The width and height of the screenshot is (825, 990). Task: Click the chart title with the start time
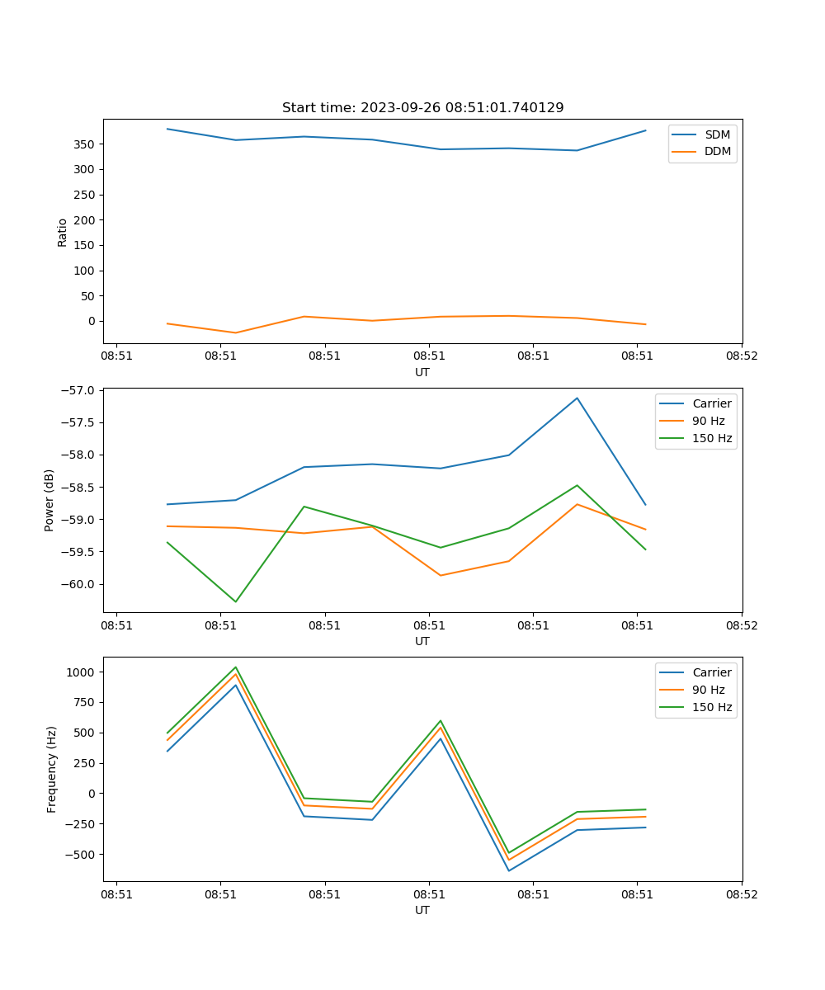click(422, 108)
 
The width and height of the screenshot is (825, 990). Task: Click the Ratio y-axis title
click(63, 233)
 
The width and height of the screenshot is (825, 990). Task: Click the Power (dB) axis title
click(49, 500)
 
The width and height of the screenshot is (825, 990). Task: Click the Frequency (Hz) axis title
click(52, 769)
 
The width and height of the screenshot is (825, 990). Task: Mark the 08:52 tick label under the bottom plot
click(741, 894)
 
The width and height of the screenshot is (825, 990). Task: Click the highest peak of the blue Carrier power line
click(577, 398)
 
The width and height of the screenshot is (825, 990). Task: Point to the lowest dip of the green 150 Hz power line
click(236, 601)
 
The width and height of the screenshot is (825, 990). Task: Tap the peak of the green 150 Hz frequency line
click(236, 667)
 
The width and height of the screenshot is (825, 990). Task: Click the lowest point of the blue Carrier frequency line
click(508, 870)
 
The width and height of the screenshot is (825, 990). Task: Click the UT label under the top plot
click(422, 372)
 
